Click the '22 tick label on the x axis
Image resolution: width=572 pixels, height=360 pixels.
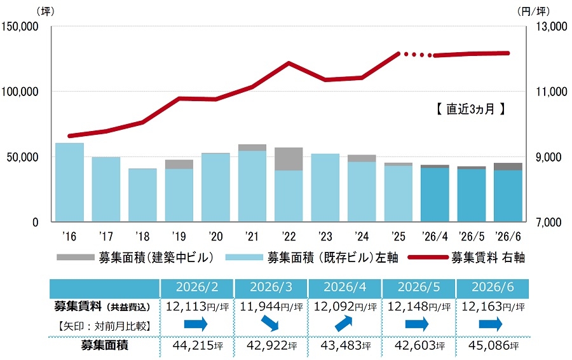tap(289, 237)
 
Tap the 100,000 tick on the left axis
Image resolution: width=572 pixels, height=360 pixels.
tap(20, 92)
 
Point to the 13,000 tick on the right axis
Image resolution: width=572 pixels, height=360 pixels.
tap(551, 26)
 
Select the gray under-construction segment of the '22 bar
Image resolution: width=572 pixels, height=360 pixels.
tap(289, 159)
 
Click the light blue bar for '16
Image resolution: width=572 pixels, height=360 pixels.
tap(69, 182)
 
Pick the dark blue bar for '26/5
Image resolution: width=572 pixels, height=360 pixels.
tap(472, 195)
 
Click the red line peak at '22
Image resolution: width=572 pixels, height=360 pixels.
tap(289, 63)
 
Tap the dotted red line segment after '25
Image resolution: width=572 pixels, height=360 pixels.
tap(416, 55)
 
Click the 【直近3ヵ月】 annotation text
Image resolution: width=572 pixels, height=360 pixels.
tap(470, 109)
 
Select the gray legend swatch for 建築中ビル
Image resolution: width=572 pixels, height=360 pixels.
tap(76, 258)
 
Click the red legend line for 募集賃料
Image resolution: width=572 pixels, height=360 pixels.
tap(428, 258)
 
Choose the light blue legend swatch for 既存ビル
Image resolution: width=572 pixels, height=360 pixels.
tap(244, 258)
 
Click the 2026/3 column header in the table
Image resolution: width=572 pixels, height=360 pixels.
tap(271, 287)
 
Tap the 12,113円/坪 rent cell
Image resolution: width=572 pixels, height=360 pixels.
tap(198, 307)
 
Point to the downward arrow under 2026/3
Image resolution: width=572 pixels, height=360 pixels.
tap(270, 323)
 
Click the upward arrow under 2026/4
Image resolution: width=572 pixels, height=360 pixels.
tap(344, 324)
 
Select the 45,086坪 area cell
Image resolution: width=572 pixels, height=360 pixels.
tap(493, 345)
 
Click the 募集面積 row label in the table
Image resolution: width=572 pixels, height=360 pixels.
tap(104, 345)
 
